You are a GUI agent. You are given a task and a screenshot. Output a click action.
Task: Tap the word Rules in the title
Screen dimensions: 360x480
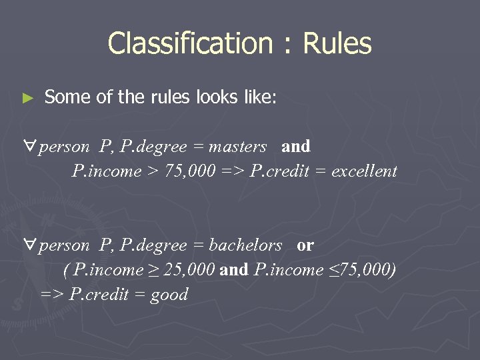[337, 44]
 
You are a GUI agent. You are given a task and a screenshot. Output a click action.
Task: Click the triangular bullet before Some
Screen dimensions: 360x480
[27, 98]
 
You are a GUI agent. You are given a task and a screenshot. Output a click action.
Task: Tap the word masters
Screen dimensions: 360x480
[237, 147]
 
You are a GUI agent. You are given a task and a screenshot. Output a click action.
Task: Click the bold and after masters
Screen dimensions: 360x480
[296, 147]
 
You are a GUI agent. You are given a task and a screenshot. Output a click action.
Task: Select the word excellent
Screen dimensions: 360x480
[364, 171]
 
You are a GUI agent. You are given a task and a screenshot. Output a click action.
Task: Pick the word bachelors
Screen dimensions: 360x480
[245, 245]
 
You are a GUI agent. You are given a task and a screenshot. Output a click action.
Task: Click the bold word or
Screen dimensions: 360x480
[305, 245]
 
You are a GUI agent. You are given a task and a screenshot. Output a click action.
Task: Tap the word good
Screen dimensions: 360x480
[169, 295]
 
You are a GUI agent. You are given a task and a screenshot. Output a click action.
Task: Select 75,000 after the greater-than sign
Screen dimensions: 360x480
[190, 171]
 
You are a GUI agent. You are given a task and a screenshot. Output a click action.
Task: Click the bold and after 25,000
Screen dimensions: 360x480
[233, 270]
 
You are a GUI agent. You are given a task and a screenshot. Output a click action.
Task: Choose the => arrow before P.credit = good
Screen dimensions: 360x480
[52, 295]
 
